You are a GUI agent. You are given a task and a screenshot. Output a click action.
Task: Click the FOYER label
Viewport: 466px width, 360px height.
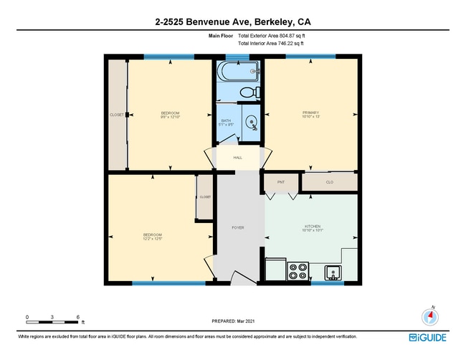pos(237,228)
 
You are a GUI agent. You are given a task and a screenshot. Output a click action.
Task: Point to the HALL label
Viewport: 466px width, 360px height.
pos(237,157)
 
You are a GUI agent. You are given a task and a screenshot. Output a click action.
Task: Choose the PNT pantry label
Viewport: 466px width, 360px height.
pos(281,182)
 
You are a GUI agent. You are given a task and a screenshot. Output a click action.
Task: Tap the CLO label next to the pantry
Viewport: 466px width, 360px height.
pos(329,182)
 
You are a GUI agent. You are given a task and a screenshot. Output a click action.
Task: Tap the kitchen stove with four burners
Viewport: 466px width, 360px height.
pos(298,271)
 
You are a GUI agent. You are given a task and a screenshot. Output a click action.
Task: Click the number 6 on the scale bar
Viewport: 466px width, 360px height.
pos(77,316)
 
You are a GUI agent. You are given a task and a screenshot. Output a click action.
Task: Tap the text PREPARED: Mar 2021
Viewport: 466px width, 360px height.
pos(233,321)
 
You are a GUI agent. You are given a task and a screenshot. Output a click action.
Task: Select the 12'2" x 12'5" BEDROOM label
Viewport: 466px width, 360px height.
pos(152,237)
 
